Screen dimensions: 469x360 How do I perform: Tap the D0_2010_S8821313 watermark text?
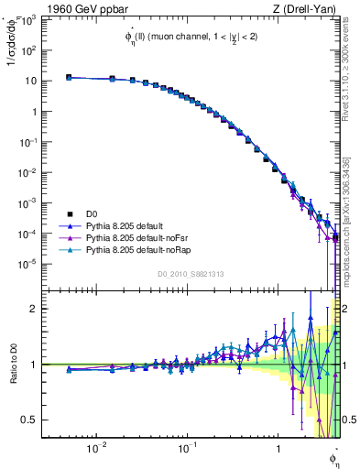tap(191, 273)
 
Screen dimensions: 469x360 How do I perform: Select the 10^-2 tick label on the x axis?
tap(95, 448)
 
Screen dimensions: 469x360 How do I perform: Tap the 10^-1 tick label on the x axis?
tap(186, 448)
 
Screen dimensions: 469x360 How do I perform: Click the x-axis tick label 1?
tap(278, 448)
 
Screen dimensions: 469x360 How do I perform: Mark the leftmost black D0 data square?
tap(69, 78)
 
